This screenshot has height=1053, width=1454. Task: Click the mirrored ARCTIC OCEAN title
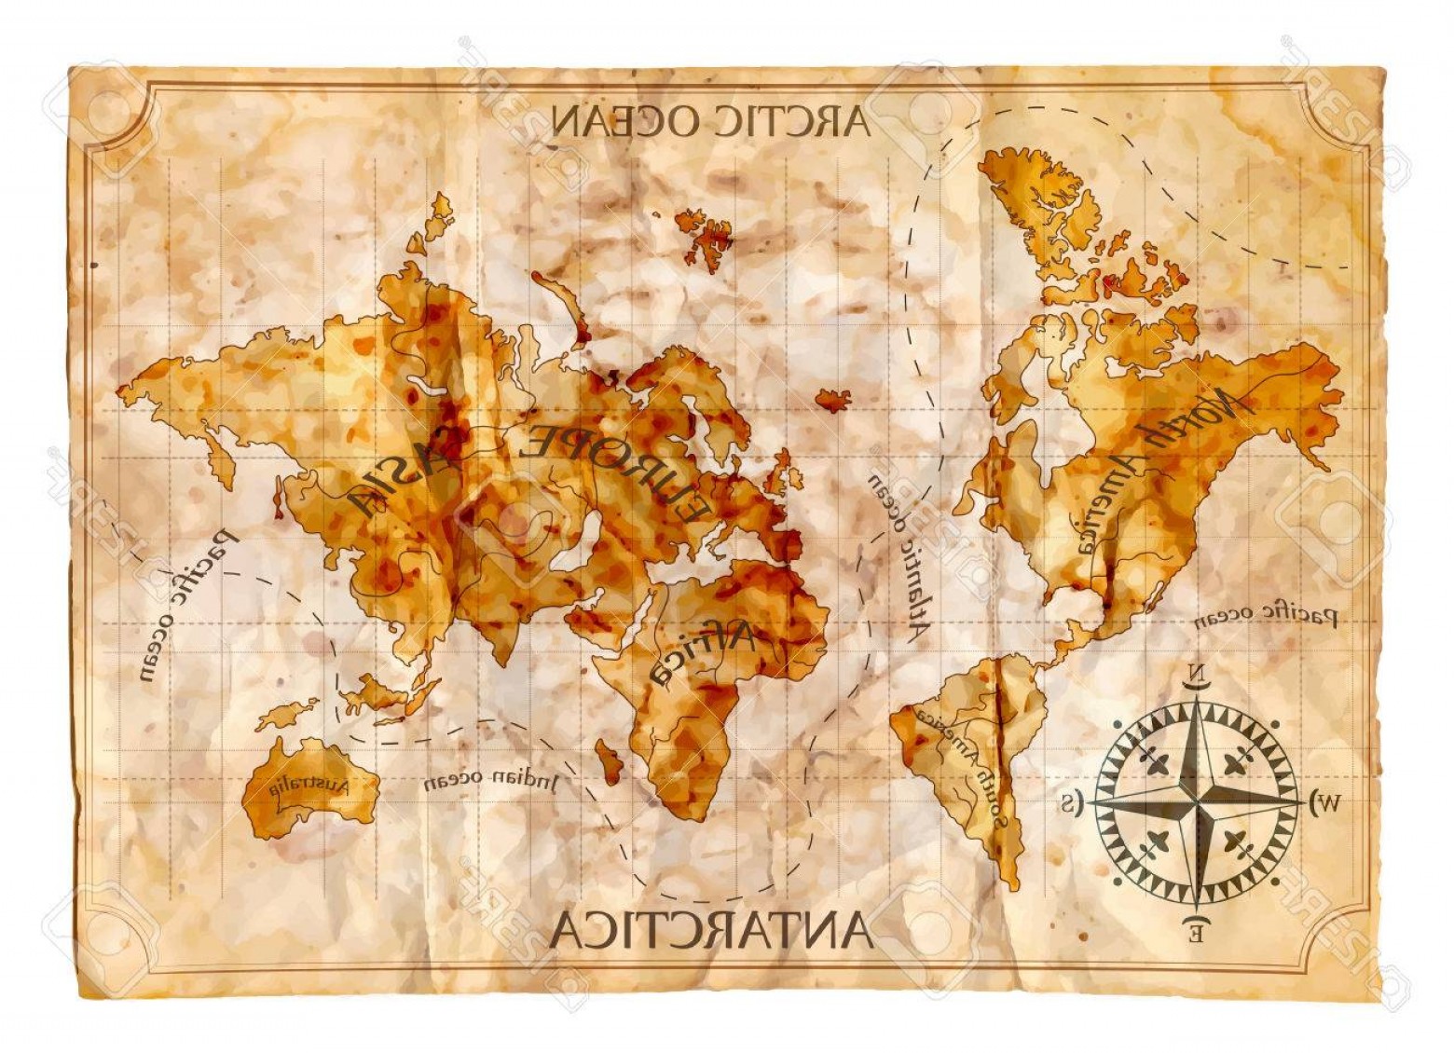point(710,121)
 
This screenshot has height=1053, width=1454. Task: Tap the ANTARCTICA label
point(710,931)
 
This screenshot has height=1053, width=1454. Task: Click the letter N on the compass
point(1197,674)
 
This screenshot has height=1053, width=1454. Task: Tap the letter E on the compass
point(1196,929)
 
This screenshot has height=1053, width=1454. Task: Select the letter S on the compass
point(1071,800)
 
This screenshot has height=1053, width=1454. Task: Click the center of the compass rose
point(1197,801)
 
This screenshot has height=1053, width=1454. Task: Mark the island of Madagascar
point(609,762)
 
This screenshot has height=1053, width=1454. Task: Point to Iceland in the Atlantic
point(833,400)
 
